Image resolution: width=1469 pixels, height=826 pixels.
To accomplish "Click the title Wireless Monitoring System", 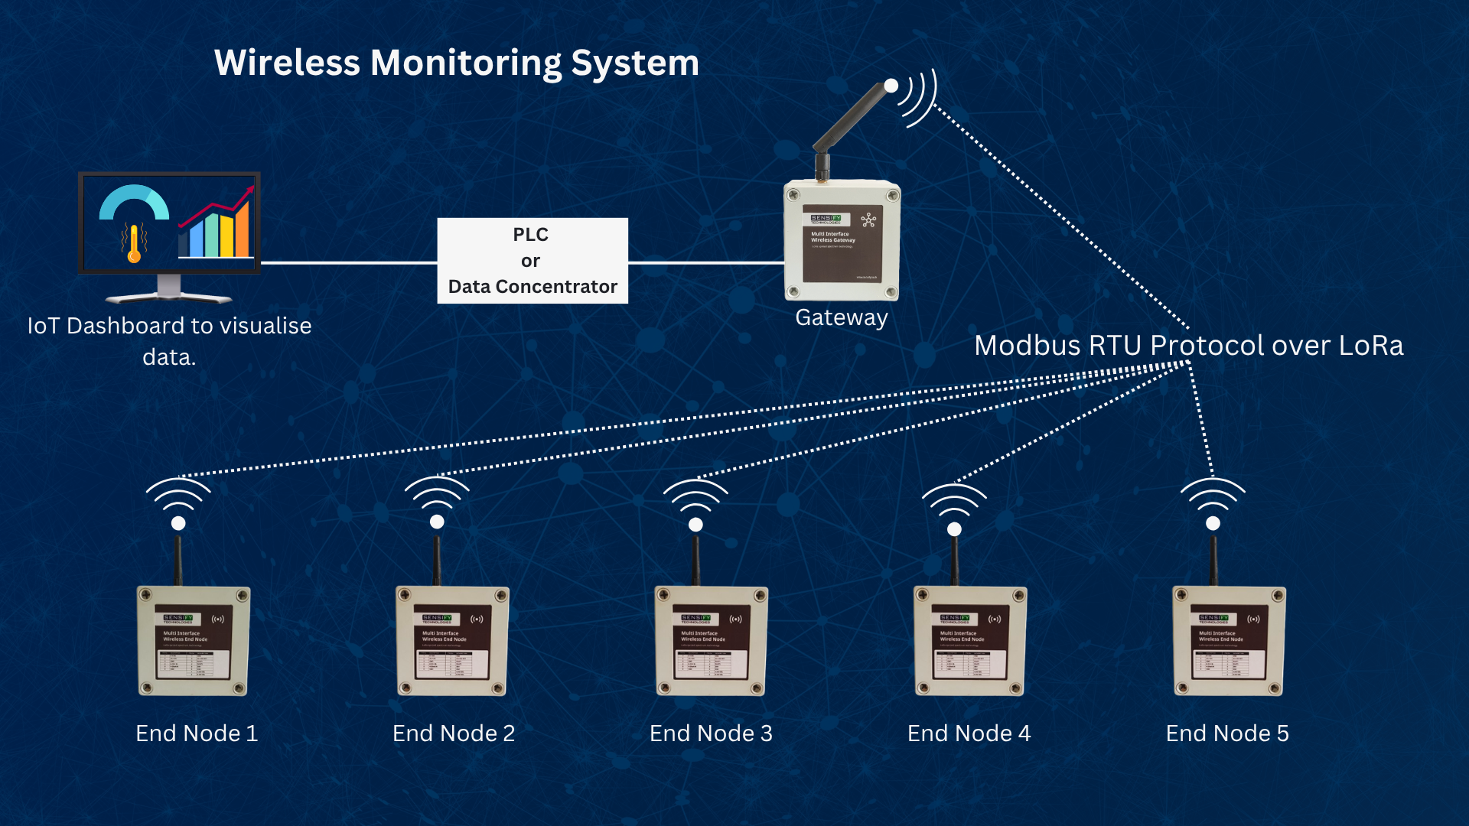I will point(456,63).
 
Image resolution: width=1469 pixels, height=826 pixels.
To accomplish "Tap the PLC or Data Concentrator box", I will point(533,261).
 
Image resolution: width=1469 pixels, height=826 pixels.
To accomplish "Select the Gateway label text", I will point(841,317).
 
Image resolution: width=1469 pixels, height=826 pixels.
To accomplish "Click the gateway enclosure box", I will point(842,241).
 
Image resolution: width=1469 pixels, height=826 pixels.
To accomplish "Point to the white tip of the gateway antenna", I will point(891,86).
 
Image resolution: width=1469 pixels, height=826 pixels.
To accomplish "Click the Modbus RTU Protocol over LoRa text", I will point(1188,346).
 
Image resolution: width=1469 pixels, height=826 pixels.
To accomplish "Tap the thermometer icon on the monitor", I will point(134,243).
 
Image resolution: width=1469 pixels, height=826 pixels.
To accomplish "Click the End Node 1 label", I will point(197,733).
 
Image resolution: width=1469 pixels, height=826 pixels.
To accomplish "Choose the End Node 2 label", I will point(454,733).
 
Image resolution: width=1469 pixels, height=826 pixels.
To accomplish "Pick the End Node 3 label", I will point(711,733).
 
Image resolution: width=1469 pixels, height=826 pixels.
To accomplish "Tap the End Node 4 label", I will point(969,733).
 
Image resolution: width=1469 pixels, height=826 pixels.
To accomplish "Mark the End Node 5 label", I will point(1227,733).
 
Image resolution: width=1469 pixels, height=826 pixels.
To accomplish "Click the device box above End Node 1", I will point(194,641).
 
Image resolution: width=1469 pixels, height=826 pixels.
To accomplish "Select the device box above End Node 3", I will point(712,641).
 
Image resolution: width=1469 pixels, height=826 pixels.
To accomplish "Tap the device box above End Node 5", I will point(1229,641).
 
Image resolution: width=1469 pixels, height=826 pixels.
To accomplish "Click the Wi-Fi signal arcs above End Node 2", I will point(437,493).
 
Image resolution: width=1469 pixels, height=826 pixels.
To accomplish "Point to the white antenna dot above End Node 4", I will point(954,528).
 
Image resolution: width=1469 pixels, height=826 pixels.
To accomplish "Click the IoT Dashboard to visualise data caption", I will point(169,341).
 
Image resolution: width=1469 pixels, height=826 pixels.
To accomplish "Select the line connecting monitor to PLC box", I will point(348,262).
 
